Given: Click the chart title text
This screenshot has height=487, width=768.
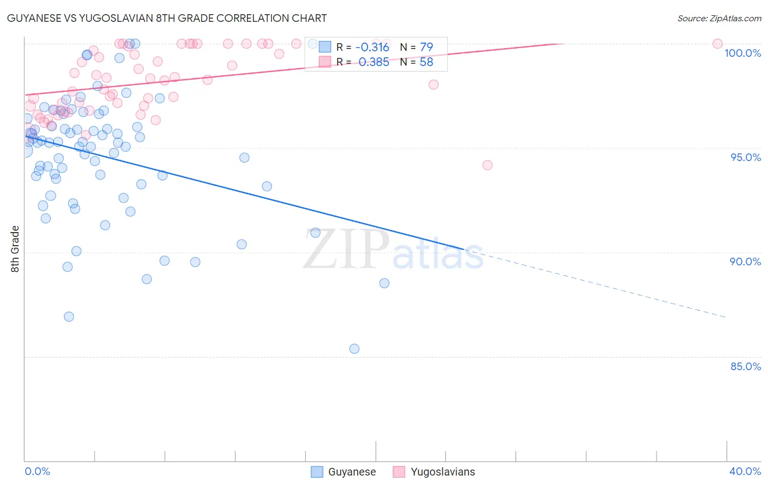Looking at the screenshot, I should point(167,18).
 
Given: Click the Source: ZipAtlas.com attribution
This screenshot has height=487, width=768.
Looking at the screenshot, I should point(719,19).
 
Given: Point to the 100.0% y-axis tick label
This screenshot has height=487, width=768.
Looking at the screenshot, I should point(742,53).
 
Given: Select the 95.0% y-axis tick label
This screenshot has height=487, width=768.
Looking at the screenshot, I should point(746,157).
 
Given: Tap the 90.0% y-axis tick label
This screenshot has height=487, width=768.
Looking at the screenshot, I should point(745,262).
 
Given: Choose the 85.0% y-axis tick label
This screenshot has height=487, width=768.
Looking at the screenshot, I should point(746,366).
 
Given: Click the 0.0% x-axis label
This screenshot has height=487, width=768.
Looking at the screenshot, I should point(37,471).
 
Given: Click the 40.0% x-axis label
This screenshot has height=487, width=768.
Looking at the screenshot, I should point(745,471).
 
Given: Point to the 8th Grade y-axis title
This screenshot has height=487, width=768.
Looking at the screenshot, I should point(15,249).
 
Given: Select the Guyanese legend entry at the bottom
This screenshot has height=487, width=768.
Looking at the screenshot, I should point(344,472).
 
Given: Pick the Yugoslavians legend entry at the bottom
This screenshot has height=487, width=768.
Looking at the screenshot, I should point(434,472).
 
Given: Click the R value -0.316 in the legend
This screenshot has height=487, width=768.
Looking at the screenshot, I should point(372,47).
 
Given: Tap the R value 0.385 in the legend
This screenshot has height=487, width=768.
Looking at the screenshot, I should point(374,62).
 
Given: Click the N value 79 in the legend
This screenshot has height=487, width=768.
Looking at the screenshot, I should point(426,47).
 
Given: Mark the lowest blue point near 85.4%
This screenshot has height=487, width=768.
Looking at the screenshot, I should point(354,349).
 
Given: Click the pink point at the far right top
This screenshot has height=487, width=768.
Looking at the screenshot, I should point(717,44).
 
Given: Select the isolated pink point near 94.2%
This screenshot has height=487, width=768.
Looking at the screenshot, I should point(487,165).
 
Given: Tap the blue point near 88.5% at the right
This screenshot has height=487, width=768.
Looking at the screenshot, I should point(384,283).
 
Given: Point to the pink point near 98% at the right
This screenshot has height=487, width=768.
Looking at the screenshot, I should point(433,85).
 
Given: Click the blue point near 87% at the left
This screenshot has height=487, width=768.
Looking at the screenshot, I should point(69,317).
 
